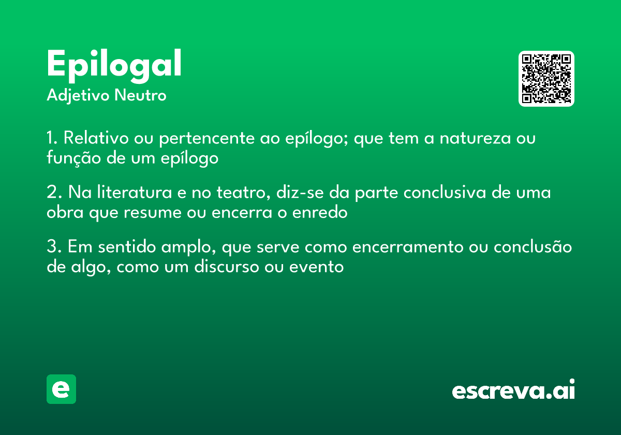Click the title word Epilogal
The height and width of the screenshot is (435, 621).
(x=114, y=66)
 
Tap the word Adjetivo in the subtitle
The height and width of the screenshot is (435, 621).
(x=78, y=96)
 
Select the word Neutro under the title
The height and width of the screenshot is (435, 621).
(x=140, y=95)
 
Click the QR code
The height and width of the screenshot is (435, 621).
(x=546, y=79)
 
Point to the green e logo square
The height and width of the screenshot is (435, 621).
(x=61, y=389)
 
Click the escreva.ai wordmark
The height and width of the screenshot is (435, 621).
(x=513, y=389)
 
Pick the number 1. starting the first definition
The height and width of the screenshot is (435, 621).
(x=52, y=138)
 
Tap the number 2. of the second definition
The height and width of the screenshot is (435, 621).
(x=54, y=192)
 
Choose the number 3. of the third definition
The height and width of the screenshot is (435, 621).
(x=54, y=247)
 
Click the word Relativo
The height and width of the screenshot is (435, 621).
(x=96, y=138)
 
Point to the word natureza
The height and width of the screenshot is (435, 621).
(x=475, y=138)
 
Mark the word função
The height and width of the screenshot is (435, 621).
(x=73, y=158)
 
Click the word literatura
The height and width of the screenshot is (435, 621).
(x=135, y=192)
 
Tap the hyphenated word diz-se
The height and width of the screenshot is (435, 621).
(x=300, y=192)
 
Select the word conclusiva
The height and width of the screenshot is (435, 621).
(x=445, y=192)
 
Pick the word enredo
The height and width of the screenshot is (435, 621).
(x=320, y=212)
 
